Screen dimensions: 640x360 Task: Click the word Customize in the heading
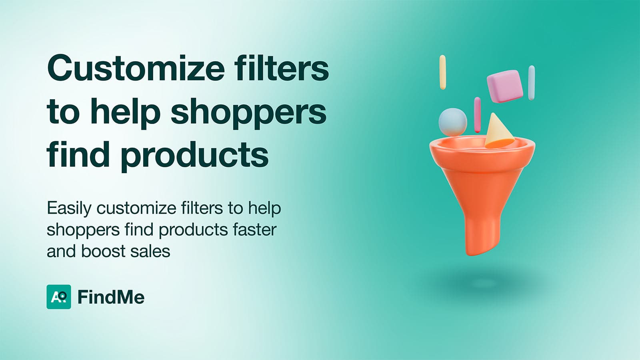[x=136, y=68]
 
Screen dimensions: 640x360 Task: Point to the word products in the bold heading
[x=194, y=156]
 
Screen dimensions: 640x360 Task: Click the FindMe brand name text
[x=111, y=297]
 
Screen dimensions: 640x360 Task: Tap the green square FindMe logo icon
[x=59, y=297]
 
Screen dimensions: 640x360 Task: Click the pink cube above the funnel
[x=505, y=86]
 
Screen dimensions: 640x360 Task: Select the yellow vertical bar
[x=442, y=72]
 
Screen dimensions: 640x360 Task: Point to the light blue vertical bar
[x=532, y=83]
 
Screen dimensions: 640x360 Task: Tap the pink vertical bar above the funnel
[x=477, y=115]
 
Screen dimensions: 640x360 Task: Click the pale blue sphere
[x=453, y=122]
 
